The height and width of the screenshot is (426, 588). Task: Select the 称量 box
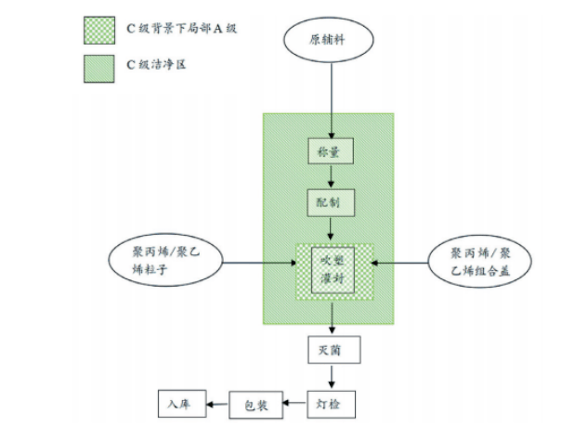click(x=330, y=150)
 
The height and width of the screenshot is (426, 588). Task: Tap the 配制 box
click(x=330, y=200)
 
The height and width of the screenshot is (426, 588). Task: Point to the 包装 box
click(x=254, y=404)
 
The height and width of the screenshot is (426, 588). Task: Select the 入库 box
click(x=179, y=404)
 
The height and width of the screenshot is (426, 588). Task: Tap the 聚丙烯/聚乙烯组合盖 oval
click(x=481, y=261)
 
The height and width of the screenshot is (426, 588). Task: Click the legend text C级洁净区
click(x=160, y=67)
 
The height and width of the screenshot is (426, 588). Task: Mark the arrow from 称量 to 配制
click(x=330, y=175)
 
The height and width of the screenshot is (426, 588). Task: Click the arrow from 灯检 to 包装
click(x=292, y=404)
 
